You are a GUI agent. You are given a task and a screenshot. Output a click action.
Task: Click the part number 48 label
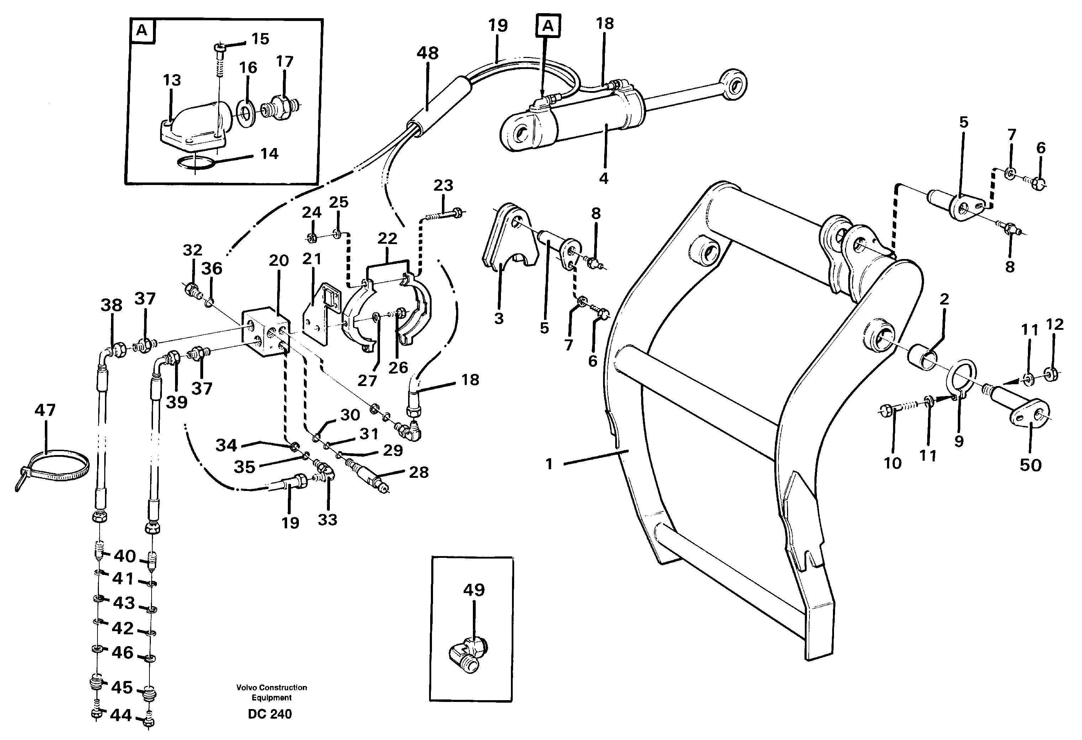click(x=427, y=53)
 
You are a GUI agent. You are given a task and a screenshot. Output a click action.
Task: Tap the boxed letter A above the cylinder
click(x=548, y=26)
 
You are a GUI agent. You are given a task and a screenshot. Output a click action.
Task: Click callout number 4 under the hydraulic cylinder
click(x=603, y=178)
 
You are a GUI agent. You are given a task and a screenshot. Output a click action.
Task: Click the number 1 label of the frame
click(x=549, y=464)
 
